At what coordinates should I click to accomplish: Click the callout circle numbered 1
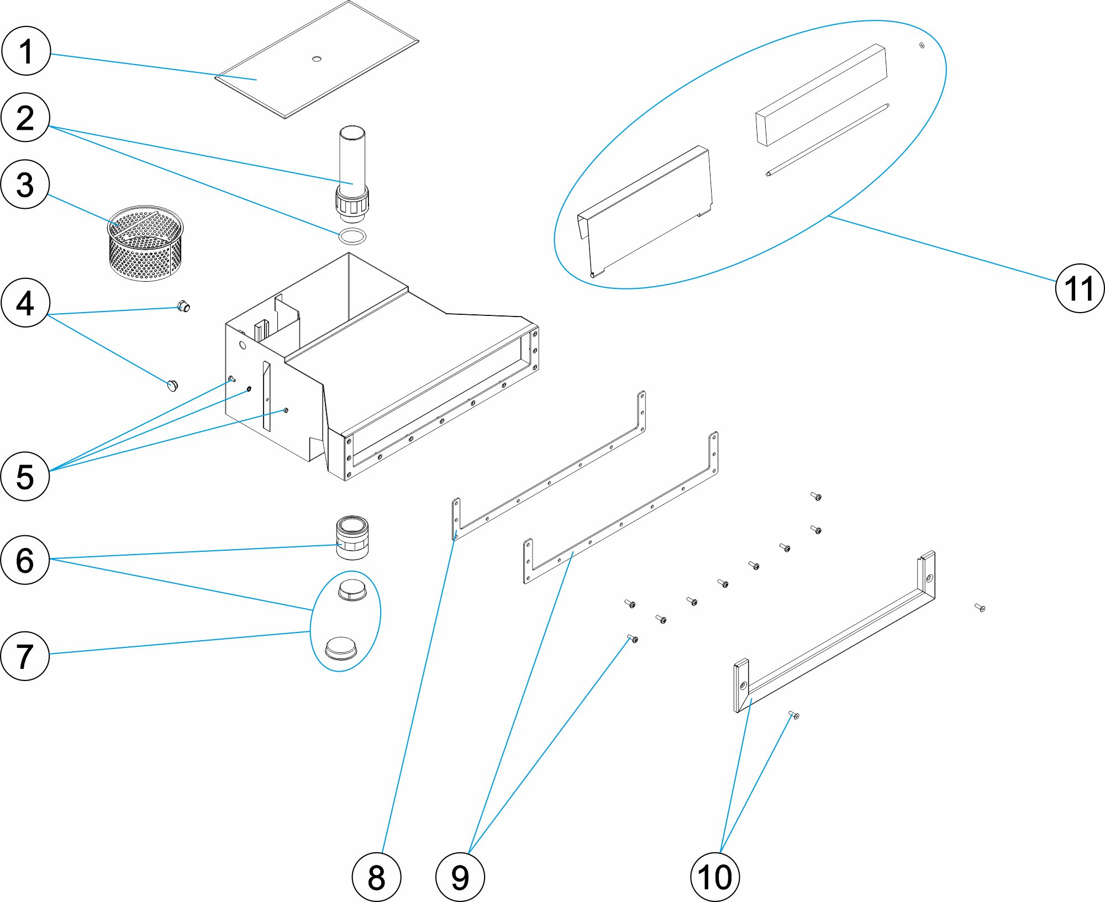(x=26, y=51)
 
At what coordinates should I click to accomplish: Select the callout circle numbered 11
(x=1080, y=288)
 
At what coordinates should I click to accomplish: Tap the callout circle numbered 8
(x=376, y=877)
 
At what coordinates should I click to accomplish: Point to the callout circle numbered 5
(x=25, y=477)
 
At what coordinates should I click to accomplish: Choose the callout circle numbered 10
(x=715, y=877)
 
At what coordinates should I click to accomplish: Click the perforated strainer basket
(x=145, y=243)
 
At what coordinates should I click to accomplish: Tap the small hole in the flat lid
(x=317, y=59)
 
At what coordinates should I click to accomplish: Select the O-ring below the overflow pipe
(x=352, y=236)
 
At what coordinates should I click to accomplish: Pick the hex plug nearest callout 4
(x=183, y=305)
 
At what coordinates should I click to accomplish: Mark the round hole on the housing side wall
(x=242, y=345)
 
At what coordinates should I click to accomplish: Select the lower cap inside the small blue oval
(x=341, y=648)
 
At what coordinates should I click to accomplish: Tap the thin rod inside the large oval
(x=827, y=140)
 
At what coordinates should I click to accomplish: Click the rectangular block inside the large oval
(x=821, y=96)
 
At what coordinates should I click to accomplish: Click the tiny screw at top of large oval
(x=922, y=45)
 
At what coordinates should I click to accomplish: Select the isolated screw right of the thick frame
(x=980, y=608)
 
